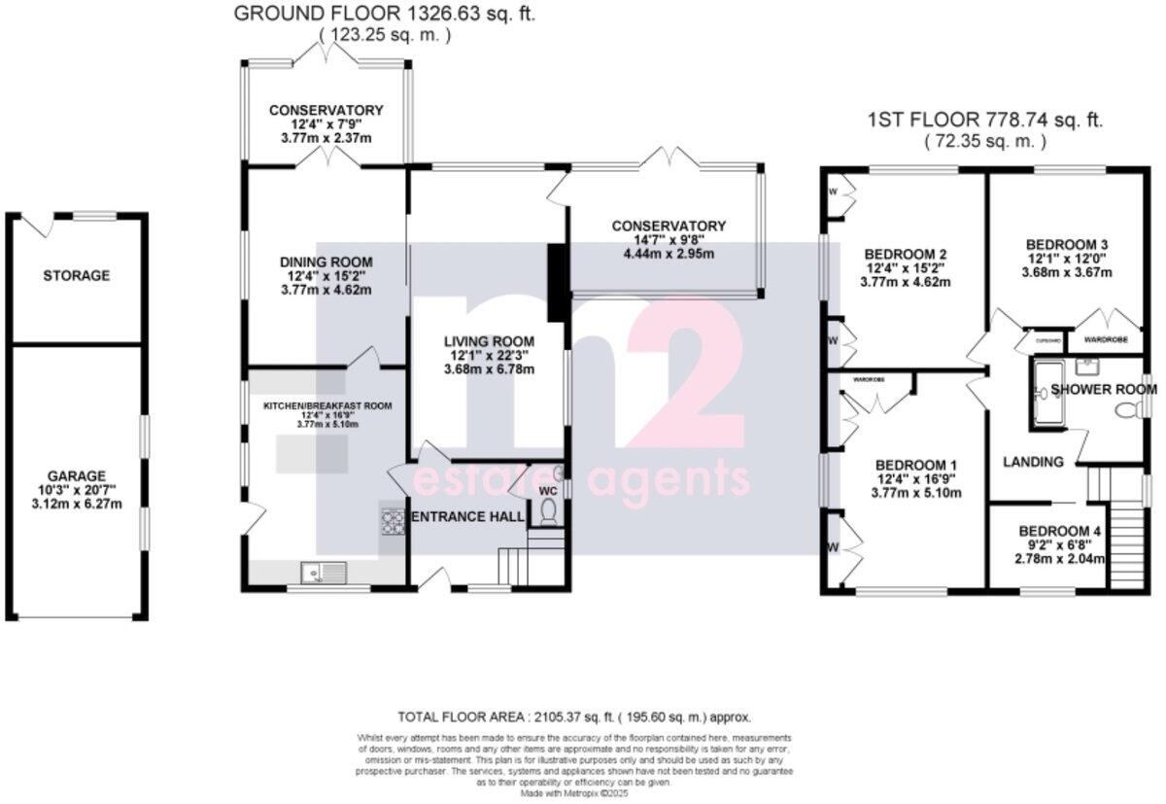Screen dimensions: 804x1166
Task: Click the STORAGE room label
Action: [x=77, y=276]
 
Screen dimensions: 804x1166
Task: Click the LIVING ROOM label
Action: [x=489, y=341]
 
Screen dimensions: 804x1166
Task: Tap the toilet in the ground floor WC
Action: [x=546, y=511]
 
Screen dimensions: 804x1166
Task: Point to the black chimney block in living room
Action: [x=558, y=283]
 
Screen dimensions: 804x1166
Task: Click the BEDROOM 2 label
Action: [x=906, y=255]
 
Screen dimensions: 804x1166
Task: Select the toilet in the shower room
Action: [x=1127, y=412]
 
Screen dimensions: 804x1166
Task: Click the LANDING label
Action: [x=1033, y=462]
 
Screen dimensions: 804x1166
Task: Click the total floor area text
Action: [x=574, y=717]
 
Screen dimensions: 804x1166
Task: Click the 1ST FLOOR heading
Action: [x=984, y=121]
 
